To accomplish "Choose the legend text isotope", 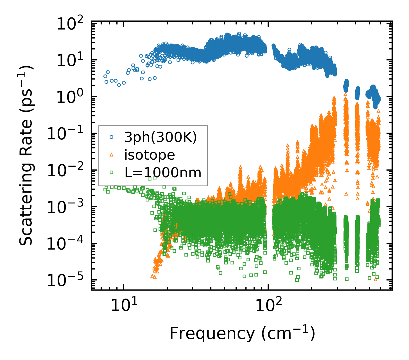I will [x=150, y=155].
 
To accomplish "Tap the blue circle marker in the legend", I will [x=112, y=137].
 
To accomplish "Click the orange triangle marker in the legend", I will [x=112, y=155].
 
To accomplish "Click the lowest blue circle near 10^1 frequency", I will [x=119, y=85].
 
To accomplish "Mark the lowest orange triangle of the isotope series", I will [x=154, y=277].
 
